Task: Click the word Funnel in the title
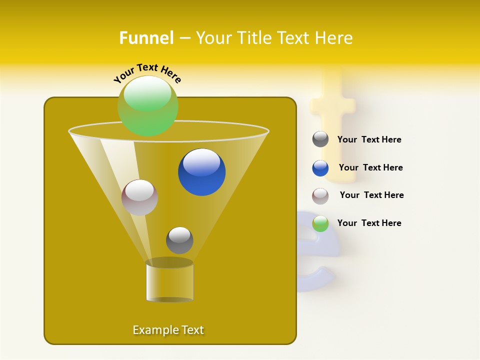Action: point(146,38)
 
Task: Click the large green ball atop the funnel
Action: point(148,106)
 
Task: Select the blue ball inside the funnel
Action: point(201,172)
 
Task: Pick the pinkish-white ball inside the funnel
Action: point(139,197)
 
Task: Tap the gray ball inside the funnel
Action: point(179,240)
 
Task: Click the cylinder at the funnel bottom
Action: point(169,281)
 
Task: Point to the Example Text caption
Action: point(168,330)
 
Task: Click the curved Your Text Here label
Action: point(147,73)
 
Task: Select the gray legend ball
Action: point(320,139)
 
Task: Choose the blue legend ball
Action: point(320,168)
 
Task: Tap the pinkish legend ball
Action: point(320,196)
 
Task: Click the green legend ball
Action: point(320,223)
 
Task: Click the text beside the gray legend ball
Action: point(369,140)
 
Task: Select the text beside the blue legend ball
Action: point(370,168)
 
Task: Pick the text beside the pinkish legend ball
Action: point(371,195)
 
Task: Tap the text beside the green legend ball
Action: point(369,223)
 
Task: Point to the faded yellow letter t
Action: point(335,125)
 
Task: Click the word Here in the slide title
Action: point(334,38)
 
